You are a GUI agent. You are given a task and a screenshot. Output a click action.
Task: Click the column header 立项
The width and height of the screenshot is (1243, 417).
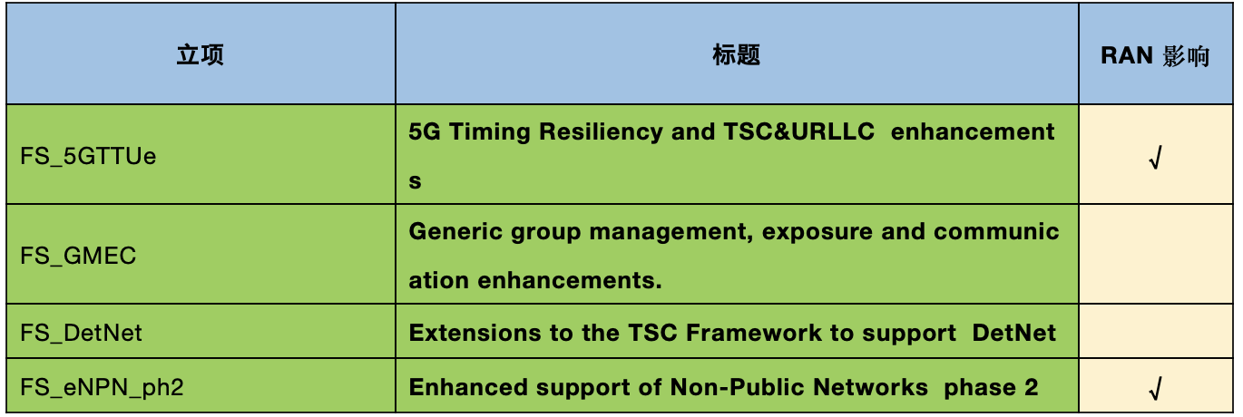(201, 55)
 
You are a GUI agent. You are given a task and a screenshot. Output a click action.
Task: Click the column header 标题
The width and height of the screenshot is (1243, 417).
(737, 55)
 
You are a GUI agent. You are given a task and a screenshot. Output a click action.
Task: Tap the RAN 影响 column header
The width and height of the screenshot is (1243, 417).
(1155, 55)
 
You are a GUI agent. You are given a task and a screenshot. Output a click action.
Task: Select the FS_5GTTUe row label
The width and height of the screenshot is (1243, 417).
(88, 156)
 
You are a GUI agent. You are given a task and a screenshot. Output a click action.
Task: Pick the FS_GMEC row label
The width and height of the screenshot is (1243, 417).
(78, 256)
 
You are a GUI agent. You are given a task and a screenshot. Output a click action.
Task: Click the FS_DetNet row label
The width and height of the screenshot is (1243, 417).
(81, 333)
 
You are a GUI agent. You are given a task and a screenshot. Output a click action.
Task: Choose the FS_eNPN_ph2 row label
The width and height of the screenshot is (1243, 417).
(103, 387)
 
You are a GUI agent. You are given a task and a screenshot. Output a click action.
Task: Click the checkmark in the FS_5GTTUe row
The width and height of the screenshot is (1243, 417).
(1155, 158)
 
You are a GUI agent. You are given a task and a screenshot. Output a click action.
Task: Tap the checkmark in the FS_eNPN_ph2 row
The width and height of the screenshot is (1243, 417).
(1155, 388)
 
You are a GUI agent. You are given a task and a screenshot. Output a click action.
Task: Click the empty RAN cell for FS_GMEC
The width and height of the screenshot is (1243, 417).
(1156, 254)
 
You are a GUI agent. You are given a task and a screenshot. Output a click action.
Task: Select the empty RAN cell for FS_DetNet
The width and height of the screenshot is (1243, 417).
(1156, 331)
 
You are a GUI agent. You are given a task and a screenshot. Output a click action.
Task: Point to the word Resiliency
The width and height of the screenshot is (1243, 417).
(601, 132)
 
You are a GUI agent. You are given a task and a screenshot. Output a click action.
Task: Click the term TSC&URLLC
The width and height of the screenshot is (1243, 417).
(799, 131)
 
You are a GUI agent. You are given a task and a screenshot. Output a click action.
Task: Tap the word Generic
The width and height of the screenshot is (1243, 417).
(455, 231)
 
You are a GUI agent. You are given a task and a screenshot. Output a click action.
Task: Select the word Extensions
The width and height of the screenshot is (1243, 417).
(475, 333)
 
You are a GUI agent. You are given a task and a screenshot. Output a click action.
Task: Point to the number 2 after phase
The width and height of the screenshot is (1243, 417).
(1031, 387)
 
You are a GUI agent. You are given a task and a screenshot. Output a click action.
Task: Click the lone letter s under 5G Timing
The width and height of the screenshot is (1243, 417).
(415, 181)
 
